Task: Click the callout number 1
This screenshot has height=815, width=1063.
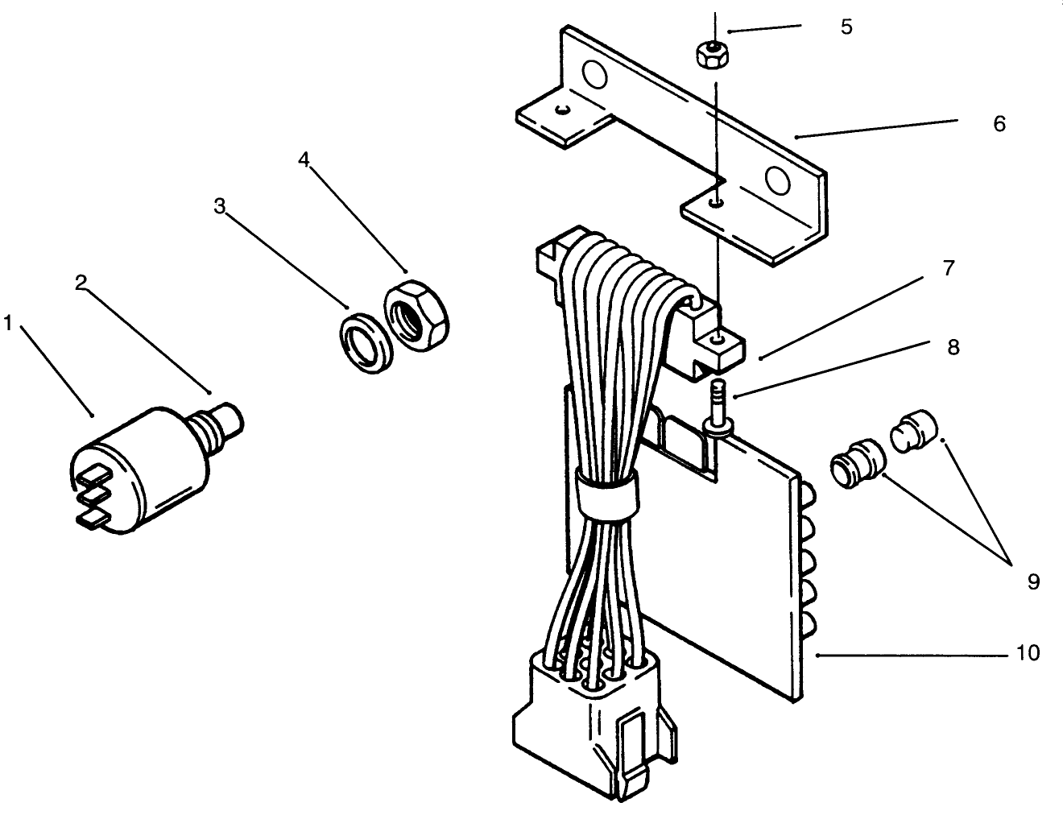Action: pos(8,324)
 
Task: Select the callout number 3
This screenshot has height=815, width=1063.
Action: pos(219,206)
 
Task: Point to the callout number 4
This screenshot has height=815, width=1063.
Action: pos(304,159)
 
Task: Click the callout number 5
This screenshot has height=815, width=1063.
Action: pos(846,27)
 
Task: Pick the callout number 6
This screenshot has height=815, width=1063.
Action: pos(999,124)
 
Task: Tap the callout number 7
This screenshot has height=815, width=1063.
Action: pos(949,268)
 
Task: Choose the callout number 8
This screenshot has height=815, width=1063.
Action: pos(953,347)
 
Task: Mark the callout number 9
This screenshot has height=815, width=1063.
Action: pos(1033,581)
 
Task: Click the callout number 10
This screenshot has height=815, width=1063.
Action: pos(1028,652)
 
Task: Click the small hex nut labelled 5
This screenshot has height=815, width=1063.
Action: pos(707,57)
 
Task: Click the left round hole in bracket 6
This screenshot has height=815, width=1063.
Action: pos(594,76)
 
